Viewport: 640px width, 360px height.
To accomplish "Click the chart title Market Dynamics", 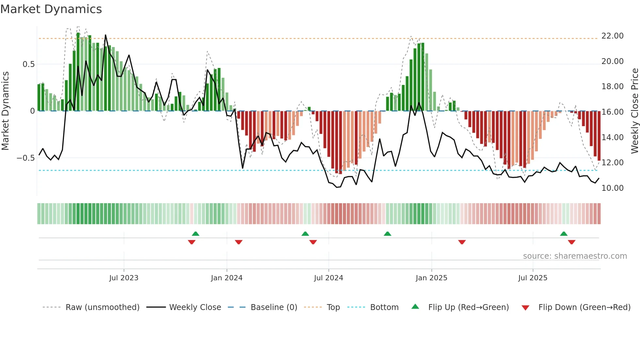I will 51,9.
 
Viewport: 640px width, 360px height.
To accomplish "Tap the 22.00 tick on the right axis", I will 612,36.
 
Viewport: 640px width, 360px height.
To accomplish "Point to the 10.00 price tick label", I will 612,188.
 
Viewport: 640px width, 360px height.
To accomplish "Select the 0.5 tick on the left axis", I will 28,64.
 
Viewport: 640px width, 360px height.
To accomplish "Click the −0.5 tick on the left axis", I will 26,158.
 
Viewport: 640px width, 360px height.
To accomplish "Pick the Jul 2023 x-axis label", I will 124,278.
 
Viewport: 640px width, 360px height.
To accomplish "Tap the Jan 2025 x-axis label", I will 431,278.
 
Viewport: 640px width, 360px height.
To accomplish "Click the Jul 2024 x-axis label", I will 328,278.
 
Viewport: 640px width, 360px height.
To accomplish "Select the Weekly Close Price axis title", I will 634,111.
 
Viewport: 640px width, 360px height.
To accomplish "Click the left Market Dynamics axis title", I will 5,111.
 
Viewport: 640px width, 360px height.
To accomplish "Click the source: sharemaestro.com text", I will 575,256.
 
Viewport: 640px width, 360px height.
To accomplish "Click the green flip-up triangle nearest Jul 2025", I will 564,234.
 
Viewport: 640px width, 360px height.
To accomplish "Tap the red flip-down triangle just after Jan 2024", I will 239,242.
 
